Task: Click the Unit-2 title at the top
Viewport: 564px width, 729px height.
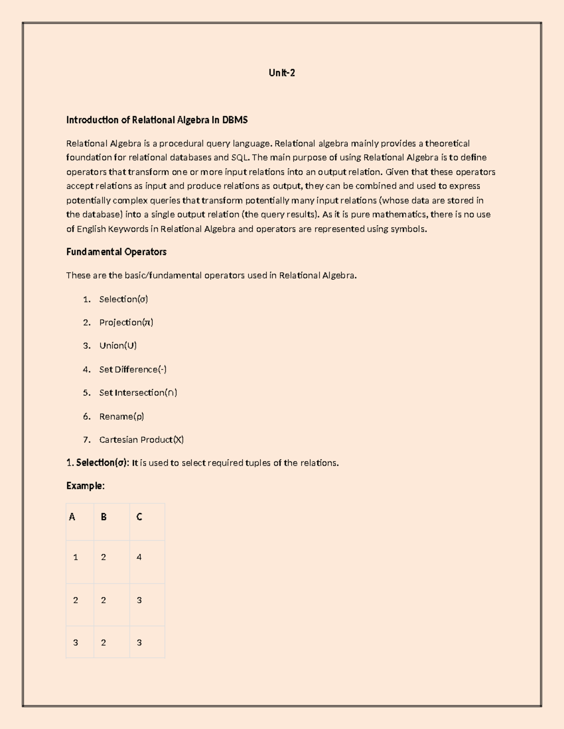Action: pos(282,73)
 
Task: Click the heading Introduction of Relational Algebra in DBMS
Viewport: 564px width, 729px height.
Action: pos(157,120)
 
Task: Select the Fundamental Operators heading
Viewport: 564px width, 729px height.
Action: pos(116,252)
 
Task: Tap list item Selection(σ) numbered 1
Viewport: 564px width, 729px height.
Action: pos(123,299)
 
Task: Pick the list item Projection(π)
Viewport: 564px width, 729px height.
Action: pos(126,322)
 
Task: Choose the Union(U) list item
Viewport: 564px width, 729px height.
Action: pos(117,346)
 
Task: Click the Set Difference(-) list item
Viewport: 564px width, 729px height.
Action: pos(133,369)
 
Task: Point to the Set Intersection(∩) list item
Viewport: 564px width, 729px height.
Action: pos(138,393)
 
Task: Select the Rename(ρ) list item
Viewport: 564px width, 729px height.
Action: pos(121,416)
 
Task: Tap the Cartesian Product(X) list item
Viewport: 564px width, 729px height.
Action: pos(141,440)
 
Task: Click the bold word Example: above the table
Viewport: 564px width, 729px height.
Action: pos(85,486)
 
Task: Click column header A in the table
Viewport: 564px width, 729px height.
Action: pos(72,517)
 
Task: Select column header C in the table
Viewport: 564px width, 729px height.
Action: pos(139,517)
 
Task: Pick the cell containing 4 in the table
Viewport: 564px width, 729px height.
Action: pos(139,557)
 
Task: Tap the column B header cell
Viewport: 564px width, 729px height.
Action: pos(103,517)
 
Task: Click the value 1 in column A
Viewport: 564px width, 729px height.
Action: pos(75,557)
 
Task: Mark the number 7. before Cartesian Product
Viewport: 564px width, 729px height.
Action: pos(86,440)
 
